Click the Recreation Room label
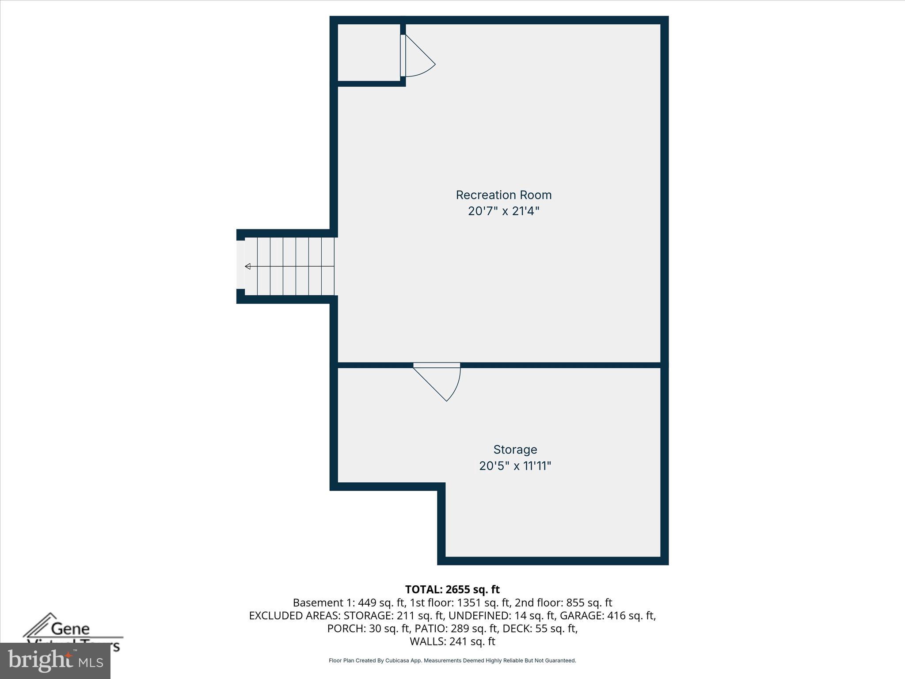click(x=503, y=195)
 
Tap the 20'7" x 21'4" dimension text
click(x=503, y=211)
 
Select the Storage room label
click(x=515, y=450)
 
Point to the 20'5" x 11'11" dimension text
click(x=515, y=466)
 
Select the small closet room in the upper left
click(x=369, y=52)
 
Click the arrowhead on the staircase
click(x=248, y=266)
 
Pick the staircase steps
click(x=289, y=266)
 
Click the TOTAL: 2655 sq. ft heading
click(x=452, y=589)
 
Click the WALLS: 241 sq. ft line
click(x=452, y=641)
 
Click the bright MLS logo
click(x=55, y=660)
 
